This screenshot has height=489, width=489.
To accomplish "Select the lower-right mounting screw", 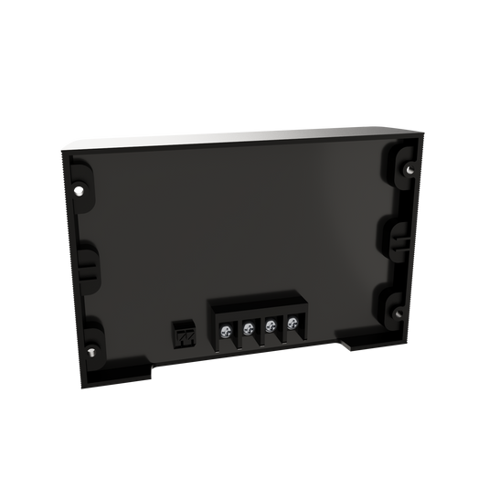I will pos(399,314).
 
